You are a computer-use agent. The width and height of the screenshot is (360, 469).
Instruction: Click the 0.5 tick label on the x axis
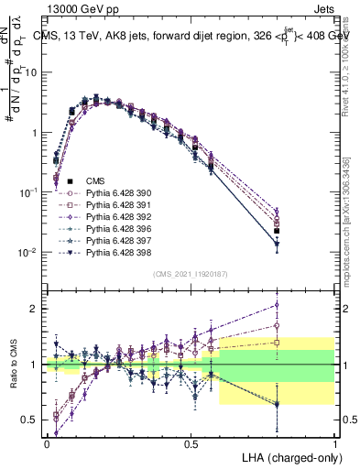coord(191,442)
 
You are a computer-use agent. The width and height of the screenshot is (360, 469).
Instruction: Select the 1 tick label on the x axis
coord(334,442)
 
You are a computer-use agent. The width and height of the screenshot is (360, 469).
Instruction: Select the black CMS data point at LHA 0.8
coord(277,230)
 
